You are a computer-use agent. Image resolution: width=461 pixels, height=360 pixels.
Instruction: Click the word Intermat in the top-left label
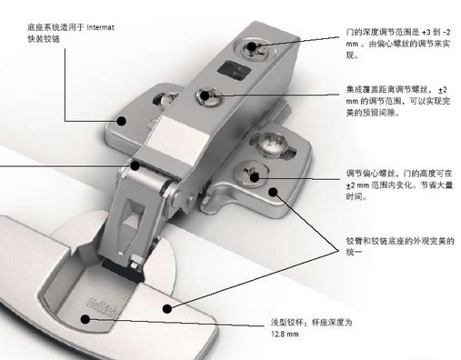coord(100,27)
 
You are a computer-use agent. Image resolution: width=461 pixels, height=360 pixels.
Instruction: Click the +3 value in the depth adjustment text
coord(426,32)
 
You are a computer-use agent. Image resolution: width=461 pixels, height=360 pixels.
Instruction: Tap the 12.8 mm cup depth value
coord(285,335)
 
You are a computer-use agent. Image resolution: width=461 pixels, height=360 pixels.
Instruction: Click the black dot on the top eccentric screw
coord(251,46)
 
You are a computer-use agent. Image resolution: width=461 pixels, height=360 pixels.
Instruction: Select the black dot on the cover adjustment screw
coord(205,95)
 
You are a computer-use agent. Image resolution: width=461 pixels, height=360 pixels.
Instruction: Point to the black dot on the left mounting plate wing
coord(122,121)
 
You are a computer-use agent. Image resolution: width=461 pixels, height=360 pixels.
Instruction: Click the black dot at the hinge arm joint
coord(135,165)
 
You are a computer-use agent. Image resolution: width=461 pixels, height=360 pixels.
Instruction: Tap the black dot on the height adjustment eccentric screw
coord(255,177)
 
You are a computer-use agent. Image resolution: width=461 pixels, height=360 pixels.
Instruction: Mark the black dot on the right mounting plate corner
coord(274,192)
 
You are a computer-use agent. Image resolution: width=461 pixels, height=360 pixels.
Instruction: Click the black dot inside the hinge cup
coord(85,319)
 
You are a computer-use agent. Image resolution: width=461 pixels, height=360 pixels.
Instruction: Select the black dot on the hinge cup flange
coord(167,309)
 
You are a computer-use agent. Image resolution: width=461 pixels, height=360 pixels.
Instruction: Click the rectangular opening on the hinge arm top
coord(235,71)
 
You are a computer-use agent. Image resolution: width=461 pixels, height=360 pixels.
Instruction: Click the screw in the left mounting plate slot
coord(169,100)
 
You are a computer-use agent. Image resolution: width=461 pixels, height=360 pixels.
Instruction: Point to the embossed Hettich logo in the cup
coord(102,306)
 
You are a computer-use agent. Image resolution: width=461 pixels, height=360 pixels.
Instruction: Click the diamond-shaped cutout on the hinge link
coord(133,215)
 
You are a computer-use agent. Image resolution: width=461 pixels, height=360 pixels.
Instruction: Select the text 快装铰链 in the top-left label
coord(44,39)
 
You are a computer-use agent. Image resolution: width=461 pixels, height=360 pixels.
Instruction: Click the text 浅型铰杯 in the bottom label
coord(286,322)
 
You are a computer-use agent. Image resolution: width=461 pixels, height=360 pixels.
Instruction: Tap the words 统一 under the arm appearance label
coord(354,252)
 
